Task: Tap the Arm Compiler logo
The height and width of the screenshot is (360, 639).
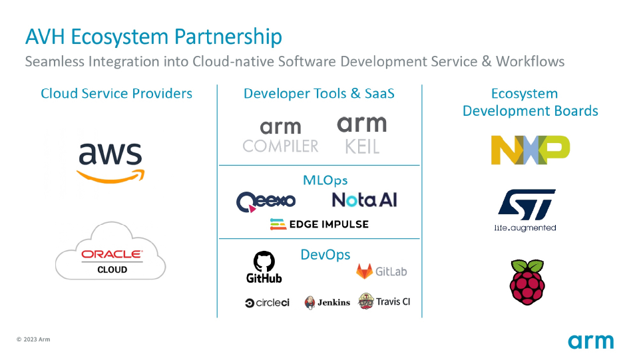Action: [x=280, y=136]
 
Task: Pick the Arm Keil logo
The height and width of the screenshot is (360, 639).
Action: [x=362, y=134]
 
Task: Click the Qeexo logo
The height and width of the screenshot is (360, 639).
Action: [x=266, y=200]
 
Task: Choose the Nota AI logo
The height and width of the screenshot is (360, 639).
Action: [x=364, y=200]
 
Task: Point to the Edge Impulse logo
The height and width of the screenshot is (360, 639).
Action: [x=319, y=224]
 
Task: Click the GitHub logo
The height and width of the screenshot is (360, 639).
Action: [x=264, y=268]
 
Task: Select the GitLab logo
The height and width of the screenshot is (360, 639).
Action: [x=381, y=271]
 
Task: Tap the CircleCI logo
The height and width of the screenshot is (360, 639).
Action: [x=268, y=303]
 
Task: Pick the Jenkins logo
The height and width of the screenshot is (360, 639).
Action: [x=327, y=302]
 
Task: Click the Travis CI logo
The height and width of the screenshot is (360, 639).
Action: [x=384, y=301]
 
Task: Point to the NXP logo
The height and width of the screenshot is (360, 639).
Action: [x=531, y=150]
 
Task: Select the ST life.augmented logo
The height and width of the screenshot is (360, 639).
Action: [x=525, y=210]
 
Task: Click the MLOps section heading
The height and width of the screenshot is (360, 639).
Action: [x=325, y=180]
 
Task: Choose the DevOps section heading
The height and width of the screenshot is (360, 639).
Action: [x=325, y=255]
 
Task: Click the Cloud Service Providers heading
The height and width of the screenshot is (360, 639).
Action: [x=116, y=93]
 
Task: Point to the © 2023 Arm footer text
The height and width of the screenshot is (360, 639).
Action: [x=33, y=339]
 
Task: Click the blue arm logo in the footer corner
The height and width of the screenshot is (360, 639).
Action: [x=590, y=341]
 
